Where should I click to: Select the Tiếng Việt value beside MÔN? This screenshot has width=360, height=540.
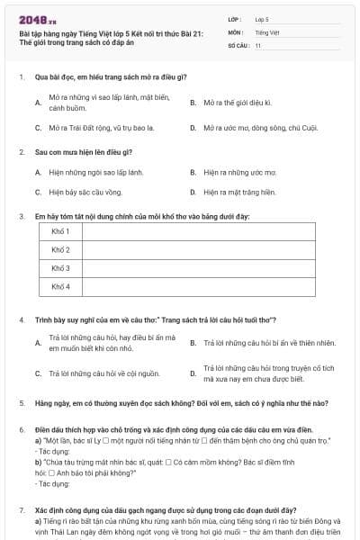tap(265, 31)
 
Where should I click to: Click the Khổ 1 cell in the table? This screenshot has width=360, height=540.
tap(60, 231)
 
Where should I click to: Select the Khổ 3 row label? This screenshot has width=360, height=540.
tap(60, 268)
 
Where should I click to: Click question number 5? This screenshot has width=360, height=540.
tap(22, 403)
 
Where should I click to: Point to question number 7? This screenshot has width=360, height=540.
tap(22, 510)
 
